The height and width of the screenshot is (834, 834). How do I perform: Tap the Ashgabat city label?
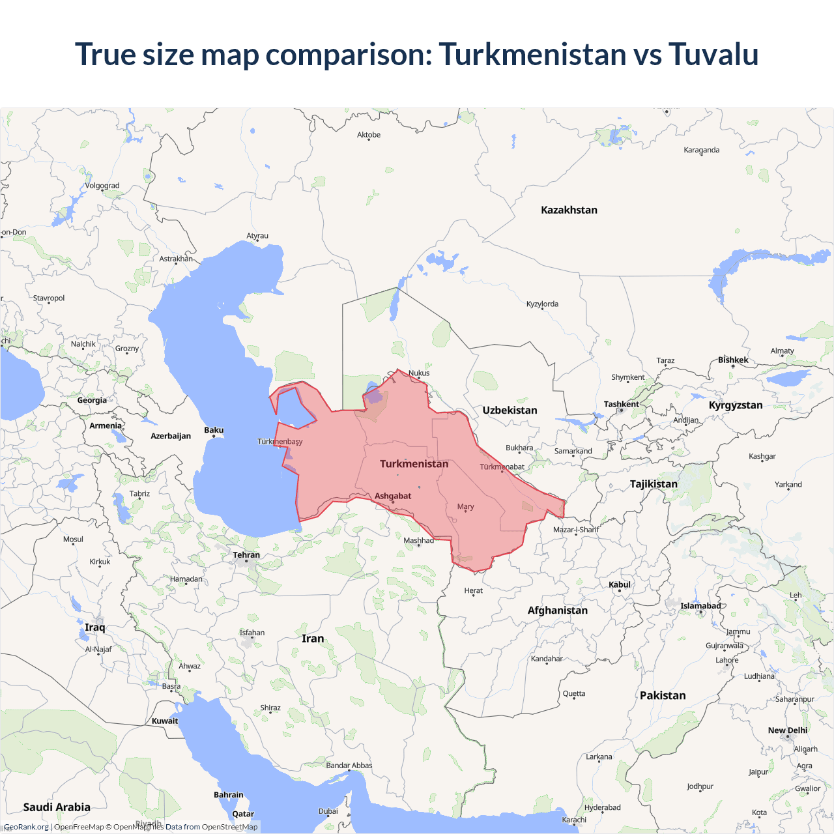tap(393, 496)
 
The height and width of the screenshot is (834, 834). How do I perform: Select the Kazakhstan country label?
tap(569, 210)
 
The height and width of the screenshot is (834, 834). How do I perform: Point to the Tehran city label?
tap(246, 555)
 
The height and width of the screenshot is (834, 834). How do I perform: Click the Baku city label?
tap(214, 430)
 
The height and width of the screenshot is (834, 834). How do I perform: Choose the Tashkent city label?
tap(621, 404)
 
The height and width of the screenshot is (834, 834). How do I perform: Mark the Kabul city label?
tap(620, 584)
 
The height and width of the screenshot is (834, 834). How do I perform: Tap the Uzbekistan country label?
tap(510, 410)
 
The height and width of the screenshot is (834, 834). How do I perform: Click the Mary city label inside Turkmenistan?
tap(465, 506)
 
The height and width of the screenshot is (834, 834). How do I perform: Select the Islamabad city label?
tap(700, 606)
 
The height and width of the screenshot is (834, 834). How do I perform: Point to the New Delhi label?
tap(787, 730)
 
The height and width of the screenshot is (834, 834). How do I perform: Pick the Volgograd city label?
tap(102, 186)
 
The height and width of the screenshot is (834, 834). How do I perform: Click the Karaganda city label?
tap(702, 150)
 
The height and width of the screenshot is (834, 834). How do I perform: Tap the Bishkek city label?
tap(733, 360)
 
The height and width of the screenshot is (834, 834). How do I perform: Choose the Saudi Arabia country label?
tap(57, 807)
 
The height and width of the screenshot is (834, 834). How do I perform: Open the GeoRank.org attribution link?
tap(27, 827)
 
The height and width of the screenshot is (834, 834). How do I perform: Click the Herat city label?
tap(474, 590)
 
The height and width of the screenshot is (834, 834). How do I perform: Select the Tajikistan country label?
tap(654, 483)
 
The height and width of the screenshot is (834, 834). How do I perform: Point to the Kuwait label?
tap(165, 721)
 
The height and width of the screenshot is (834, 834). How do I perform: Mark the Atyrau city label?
tap(257, 236)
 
